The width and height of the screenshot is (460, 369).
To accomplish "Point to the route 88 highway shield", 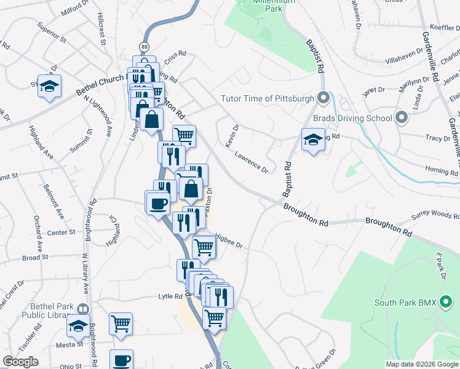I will coord(143,47).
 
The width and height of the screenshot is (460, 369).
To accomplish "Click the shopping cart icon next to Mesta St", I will coord(121,323).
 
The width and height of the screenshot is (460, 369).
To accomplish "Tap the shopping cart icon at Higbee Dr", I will coord(204,247).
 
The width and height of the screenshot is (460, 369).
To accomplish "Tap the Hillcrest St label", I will coord(101,30).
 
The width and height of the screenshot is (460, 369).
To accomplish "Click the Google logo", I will coord(20,362).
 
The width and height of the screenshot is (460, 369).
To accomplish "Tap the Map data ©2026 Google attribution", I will coord(422,364).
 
